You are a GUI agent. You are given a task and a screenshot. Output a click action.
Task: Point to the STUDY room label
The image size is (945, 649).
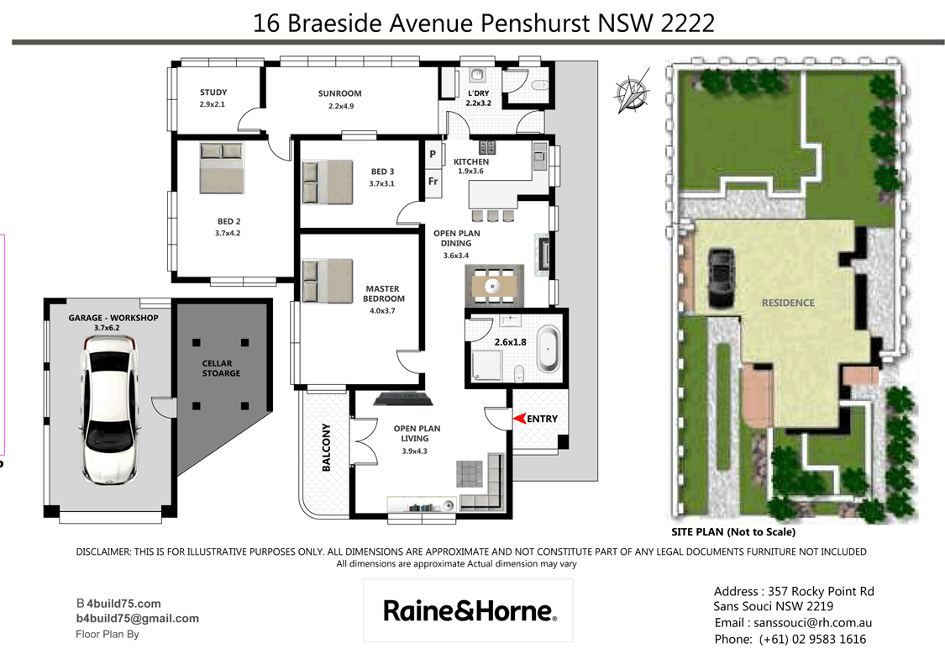(213, 93)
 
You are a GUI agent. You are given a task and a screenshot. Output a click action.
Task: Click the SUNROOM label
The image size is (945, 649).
(340, 93)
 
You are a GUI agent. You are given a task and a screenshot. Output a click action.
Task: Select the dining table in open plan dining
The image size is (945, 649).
(495, 286)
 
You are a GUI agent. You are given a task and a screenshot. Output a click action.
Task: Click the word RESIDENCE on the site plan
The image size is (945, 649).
(788, 303)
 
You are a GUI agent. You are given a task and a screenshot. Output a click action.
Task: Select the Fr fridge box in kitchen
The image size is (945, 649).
(433, 181)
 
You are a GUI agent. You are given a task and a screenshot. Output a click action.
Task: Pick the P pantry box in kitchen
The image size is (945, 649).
(433, 155)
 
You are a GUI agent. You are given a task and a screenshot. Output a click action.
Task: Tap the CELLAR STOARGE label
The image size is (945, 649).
(221, 368)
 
